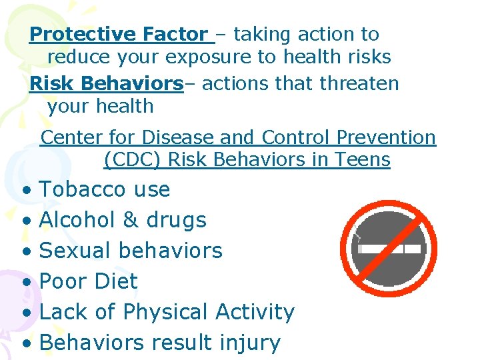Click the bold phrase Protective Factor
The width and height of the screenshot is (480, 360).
click(x=119, y=34)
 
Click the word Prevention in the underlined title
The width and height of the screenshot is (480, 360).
click(x=387, y=138)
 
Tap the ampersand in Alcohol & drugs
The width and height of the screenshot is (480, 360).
click(x=127, y=220)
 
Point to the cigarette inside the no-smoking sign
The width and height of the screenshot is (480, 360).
click(x=389, y=249)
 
